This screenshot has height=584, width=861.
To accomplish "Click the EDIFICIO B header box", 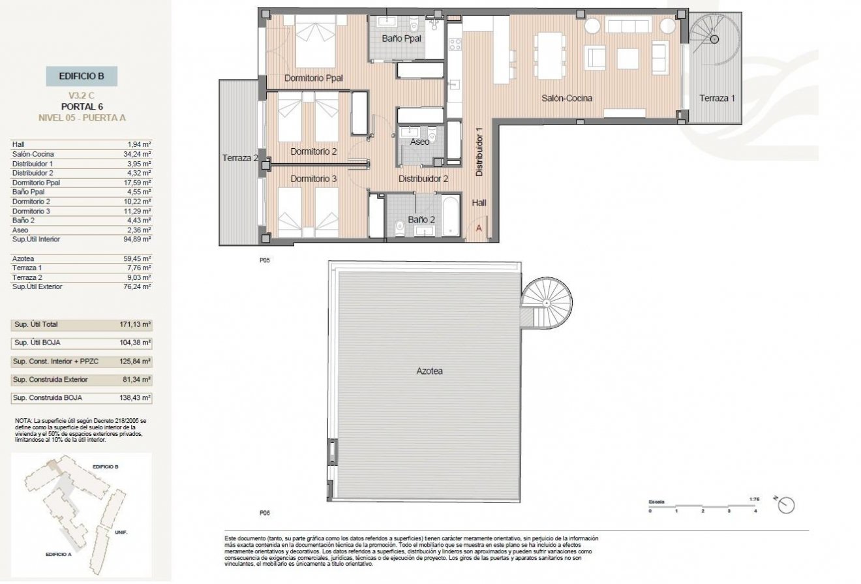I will click(x=82, y=76).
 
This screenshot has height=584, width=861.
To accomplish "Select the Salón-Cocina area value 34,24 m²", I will click(x=138, y=154).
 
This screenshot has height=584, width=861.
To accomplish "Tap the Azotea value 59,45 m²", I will click(x=138, y=258).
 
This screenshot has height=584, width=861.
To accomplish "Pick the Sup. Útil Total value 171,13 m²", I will click(x=137, y=324).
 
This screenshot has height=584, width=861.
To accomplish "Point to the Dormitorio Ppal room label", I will click(x=314, y=78).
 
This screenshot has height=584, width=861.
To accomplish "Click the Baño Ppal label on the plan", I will click(x=401, y=39).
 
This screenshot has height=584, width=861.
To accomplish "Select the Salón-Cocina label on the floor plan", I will click(x=567, y=99).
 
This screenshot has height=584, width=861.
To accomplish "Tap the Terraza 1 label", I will click(x=717, y=99).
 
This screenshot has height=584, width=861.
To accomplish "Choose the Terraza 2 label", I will click(x=240, y=158).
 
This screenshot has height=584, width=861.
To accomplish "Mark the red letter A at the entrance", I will click(x=479, y=228).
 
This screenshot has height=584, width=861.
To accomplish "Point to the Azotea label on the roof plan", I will click(x=430, y=371).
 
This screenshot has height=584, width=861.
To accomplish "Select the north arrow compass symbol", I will click(x=787, y=505).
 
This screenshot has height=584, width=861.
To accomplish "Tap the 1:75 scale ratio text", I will click(x=756, y=500).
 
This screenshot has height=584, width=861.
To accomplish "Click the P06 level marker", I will click(x=264, y=513).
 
